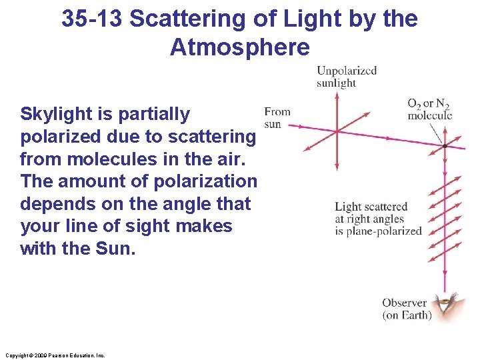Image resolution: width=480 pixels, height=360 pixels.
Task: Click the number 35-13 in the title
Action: pos(92,19)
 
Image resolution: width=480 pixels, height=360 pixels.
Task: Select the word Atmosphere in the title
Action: pos(240,47)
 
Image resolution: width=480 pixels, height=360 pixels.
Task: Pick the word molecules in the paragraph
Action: pos(111,159)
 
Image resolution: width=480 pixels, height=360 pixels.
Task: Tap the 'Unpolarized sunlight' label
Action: pos(346,77)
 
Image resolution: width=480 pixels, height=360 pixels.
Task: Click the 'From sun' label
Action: pos(277,117)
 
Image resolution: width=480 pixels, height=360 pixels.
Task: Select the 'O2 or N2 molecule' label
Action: pos(429,109)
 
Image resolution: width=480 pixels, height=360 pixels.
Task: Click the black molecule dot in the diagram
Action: pos(445,145)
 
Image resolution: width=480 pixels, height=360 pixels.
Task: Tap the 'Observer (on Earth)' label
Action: pos(407,309)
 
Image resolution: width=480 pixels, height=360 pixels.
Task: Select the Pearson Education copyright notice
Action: pos(54,355)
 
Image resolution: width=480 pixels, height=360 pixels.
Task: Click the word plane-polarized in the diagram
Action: pos(384,231)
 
